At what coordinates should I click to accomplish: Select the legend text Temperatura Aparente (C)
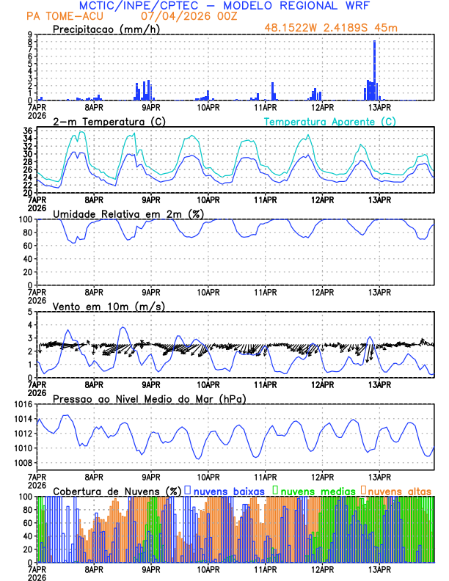click(329, 121)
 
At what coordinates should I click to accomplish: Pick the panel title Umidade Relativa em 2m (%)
click(128, 213)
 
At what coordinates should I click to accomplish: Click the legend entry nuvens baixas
click(228, 489)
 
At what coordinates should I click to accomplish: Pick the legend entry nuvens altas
click(399, 489)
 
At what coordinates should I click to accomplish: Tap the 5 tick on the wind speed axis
click(29, 312)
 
